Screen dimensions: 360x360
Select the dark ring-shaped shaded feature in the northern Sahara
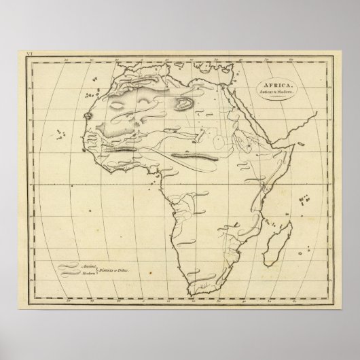[x=182, y=103]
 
